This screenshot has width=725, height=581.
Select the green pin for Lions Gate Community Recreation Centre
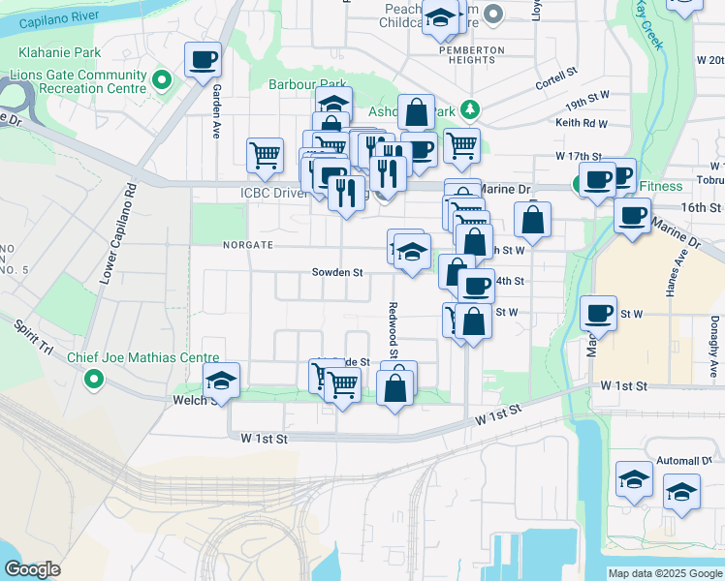164,78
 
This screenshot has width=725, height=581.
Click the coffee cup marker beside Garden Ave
204,61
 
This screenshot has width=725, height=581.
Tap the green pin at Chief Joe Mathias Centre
93,378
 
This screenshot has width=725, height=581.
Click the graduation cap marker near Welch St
221,382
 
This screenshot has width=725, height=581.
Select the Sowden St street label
336,273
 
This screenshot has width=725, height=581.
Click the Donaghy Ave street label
714,346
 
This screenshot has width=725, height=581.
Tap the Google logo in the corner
32,569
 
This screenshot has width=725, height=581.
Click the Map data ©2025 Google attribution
664,573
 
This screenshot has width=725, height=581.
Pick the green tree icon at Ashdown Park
469,108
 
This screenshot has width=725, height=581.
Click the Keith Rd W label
582,123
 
